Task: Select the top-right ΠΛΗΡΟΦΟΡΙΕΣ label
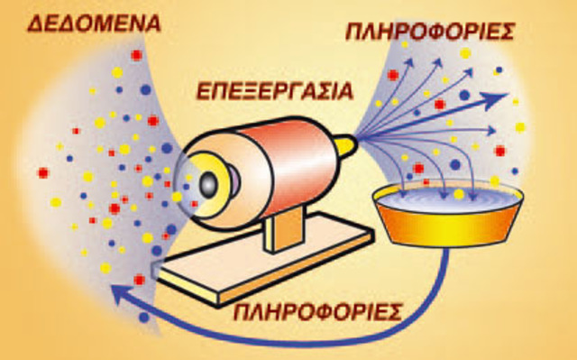(430, 32)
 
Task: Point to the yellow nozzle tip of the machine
(348, 142)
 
